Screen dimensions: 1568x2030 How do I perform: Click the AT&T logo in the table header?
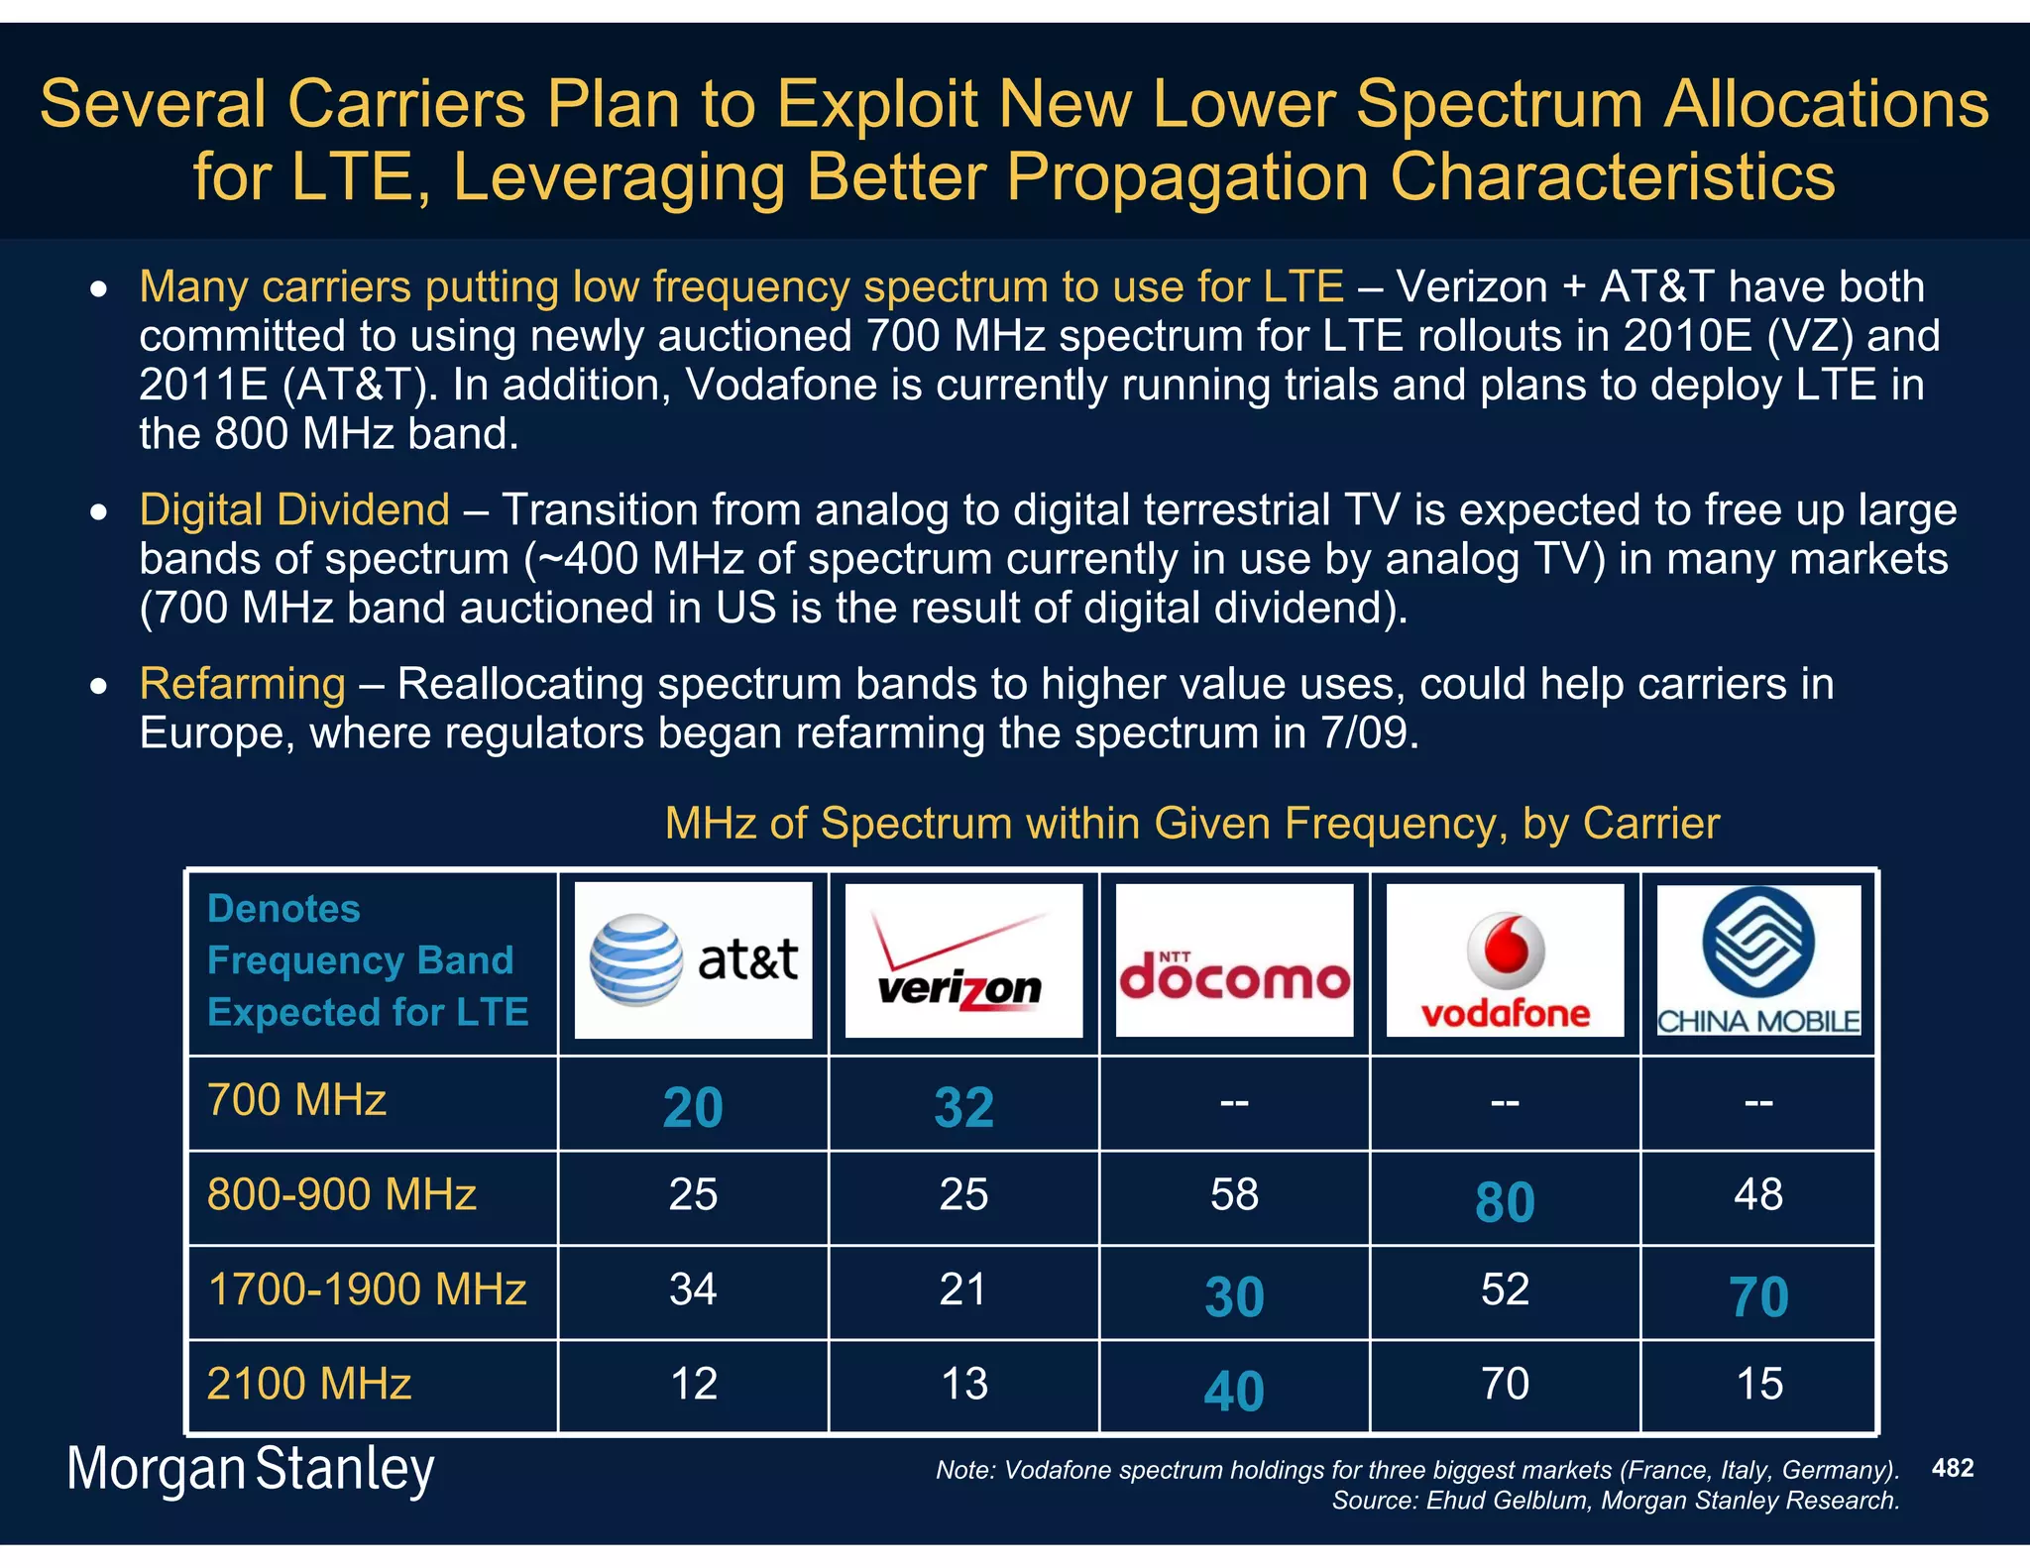pos(693,959)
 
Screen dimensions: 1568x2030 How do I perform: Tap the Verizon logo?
pos(962,959)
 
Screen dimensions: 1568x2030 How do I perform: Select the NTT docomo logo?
pos(1234,959)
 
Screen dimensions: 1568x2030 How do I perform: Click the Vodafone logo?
pos(1505,959)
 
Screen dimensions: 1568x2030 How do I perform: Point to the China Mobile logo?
pos(1758,959)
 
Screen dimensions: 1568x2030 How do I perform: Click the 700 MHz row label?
pos(296,1100)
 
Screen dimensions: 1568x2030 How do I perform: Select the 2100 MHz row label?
pos(308,1384)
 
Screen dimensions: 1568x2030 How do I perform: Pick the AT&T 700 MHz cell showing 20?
pos(693,1107)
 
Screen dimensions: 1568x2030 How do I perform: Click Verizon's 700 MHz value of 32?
pos(963,1107)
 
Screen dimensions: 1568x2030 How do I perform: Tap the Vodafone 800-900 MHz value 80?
pos(1505,1201)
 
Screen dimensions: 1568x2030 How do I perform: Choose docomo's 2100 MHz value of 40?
pos(1234,1391)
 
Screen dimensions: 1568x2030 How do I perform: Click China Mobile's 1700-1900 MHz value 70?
pos(1758,1296)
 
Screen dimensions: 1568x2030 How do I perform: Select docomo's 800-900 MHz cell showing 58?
pos(1234,1194)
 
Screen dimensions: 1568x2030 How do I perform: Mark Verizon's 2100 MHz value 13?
pos(963,1384)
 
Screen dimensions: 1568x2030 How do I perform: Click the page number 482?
pos(1953,1468)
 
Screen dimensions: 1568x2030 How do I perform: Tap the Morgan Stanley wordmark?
pos(250,1469)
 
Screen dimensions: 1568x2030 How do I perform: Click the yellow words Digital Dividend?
pos(294,509)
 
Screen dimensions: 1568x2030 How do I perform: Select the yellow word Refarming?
pos(242,684)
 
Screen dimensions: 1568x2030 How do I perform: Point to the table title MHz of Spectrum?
pos(1191,823)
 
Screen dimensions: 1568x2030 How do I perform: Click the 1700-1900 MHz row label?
pos(367,1289)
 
